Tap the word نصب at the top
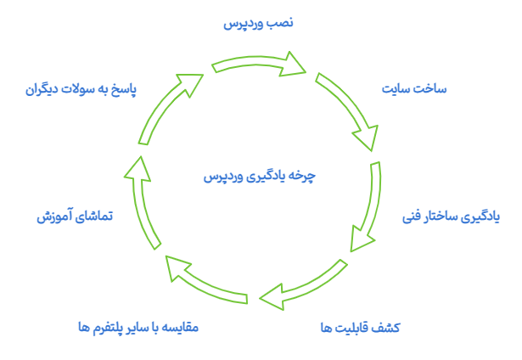[283, 24]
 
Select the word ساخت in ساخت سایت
[430, 88]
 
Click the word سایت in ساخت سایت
[396, 88]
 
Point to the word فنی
[416, 217]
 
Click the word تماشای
[95, 217]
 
